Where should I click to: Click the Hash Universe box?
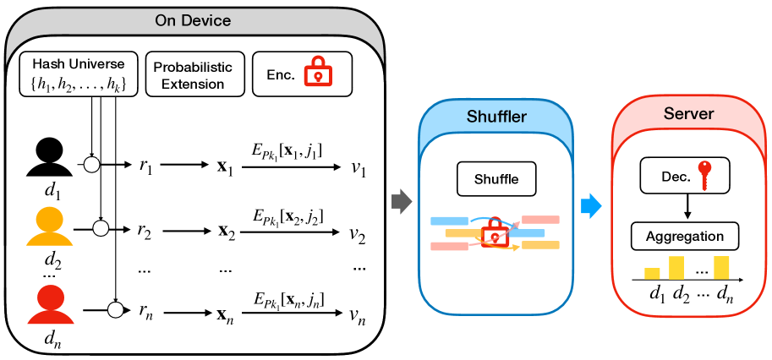(79, 74)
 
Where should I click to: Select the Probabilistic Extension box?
(194, 74)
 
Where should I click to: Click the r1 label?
(147, 166)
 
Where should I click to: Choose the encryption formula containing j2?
(288, 217)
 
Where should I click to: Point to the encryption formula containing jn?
(288, 300)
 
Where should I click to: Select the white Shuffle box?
(495, 179)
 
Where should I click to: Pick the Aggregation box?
(686, 236)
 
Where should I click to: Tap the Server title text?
(689, 112)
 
